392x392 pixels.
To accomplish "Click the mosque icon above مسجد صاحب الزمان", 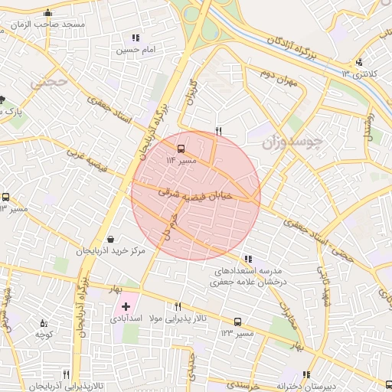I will [x=48, y=12].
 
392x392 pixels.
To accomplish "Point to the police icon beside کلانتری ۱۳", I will [x=358, y=63].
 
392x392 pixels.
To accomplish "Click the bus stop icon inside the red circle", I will [x=181, y=149].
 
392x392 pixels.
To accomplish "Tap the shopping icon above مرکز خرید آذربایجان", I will [x=112, y=239].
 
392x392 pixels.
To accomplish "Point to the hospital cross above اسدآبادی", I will [x=126, y=306].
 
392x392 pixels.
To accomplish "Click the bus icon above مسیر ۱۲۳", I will [x=237, y=322].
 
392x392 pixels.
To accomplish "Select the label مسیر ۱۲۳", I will [x=237, y=334].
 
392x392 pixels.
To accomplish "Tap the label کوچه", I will [x=43, y=335].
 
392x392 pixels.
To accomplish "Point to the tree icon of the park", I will [x=2, y=100].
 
